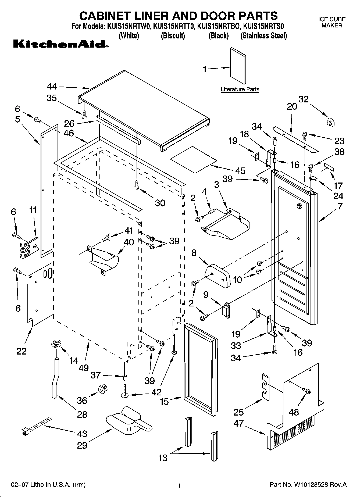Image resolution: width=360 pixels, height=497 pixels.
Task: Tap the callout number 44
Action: point(52,87)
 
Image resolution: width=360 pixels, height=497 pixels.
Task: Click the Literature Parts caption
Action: point(240,90)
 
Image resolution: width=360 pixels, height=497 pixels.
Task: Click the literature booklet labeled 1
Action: point(237,66)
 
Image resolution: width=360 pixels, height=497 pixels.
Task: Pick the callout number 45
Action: point(240,170)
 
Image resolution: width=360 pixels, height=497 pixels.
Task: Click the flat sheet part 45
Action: point(193,160)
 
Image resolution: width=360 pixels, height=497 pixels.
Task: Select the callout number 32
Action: point(304,99)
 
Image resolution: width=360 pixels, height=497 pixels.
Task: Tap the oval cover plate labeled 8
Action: point(218,276)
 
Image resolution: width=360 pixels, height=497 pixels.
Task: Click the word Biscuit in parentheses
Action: point(173,36)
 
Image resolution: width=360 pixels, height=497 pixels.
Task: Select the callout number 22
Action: point(22,351)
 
